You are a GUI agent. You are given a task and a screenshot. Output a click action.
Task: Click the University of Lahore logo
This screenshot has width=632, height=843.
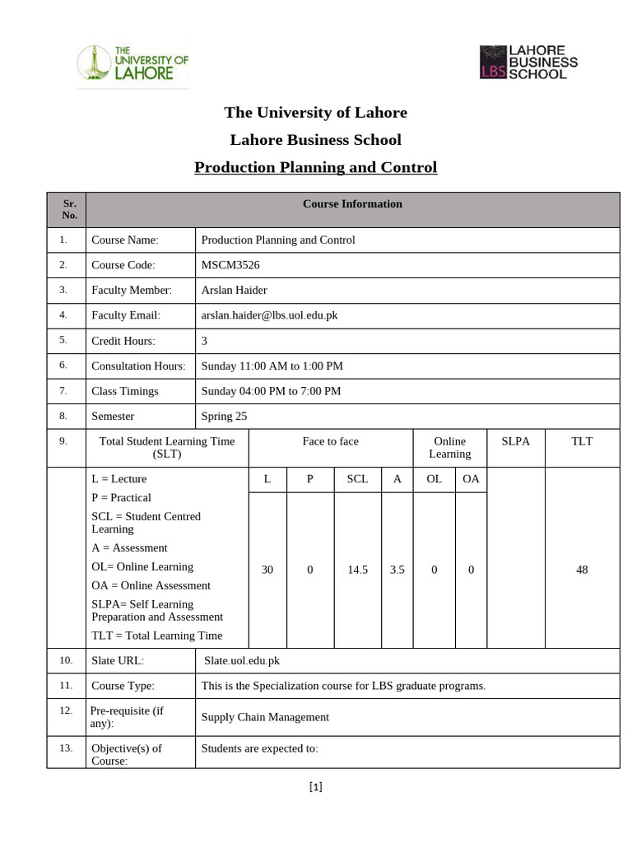[132, 63]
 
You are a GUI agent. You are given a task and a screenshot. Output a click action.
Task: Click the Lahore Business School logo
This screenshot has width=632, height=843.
[528, 62]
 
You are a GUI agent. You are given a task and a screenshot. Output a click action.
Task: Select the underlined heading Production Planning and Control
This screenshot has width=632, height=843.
[315, 168]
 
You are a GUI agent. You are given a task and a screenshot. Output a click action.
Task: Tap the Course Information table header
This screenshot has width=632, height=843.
[352, 204]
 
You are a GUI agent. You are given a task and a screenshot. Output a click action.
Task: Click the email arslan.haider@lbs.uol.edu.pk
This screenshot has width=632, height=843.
[269, 315]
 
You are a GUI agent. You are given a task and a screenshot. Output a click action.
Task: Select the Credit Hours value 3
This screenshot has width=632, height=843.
[205, 341]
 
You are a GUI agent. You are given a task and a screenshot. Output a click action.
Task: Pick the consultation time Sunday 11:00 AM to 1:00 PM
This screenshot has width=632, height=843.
[272, 366]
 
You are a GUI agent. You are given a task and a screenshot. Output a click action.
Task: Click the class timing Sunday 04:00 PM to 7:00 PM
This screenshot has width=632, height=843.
[271, 391]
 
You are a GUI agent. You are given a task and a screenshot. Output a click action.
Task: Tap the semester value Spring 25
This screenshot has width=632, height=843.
[224, 417]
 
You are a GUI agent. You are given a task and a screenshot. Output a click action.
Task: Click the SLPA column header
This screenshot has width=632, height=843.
[515, 441]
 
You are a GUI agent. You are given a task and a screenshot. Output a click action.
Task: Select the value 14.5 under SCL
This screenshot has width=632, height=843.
[357, 570]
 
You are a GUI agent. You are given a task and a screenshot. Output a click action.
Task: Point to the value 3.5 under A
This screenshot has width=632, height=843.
[397, 570]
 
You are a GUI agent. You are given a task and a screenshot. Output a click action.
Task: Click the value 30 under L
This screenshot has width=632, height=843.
[267, 570]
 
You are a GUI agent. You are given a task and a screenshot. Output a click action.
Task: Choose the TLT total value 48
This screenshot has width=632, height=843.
[582, 570]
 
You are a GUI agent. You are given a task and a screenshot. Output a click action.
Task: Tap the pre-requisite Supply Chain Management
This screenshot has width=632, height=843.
[265, 717]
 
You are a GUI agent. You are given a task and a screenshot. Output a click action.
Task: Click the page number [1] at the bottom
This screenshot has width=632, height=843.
[316, 787]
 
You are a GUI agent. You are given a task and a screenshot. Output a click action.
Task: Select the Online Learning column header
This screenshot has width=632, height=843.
[449, 447]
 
